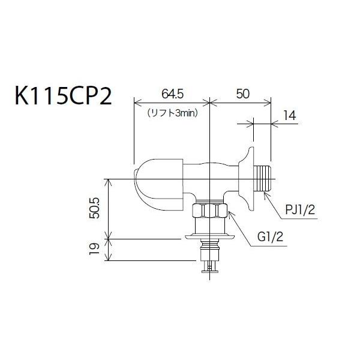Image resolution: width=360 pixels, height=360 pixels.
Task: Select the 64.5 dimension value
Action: [x=172, y=94]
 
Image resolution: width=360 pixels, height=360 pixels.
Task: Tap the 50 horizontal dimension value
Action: [x=242, y=94]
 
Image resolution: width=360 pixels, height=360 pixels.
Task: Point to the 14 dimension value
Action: [x=289, y=115]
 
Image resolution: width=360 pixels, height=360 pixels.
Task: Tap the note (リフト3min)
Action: [x=172, y=112]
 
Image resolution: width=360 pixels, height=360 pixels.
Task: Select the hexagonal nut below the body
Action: [x=209, y=211]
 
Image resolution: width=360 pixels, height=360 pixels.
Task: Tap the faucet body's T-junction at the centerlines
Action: [x=209, y=179]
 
